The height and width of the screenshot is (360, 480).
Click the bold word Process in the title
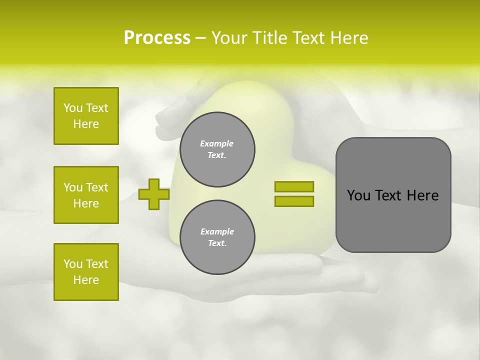tap(157, 38)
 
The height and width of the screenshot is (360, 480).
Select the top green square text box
tap(86, 116)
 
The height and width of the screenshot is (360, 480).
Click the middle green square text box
tap(86, 195)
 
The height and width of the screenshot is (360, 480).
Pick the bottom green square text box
tap(86, 272)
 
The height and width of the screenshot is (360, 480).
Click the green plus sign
tap(153, 194)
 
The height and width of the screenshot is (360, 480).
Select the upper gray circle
tap(217, 149)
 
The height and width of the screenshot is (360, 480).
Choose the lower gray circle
tap(217, 237)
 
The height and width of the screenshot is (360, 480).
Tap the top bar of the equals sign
tap(294, 186)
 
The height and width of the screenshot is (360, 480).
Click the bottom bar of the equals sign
tap(294, 201)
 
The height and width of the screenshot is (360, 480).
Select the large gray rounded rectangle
tap(393, 195)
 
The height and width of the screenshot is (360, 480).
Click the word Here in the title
tap(348, 38)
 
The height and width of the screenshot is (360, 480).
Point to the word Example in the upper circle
tap(217, 143)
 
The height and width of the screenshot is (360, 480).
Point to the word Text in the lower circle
tap(216, 243)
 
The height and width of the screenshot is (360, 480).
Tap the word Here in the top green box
tap(86, 124)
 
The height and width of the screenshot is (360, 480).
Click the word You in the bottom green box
tap(73, 264)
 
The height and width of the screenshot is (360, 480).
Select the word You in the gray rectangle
tap(358, 195)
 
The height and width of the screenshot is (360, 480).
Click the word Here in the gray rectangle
tap(422, 195)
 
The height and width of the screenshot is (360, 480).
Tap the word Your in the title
tap(229, 38)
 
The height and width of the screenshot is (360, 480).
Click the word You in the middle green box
tap(73, 187)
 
